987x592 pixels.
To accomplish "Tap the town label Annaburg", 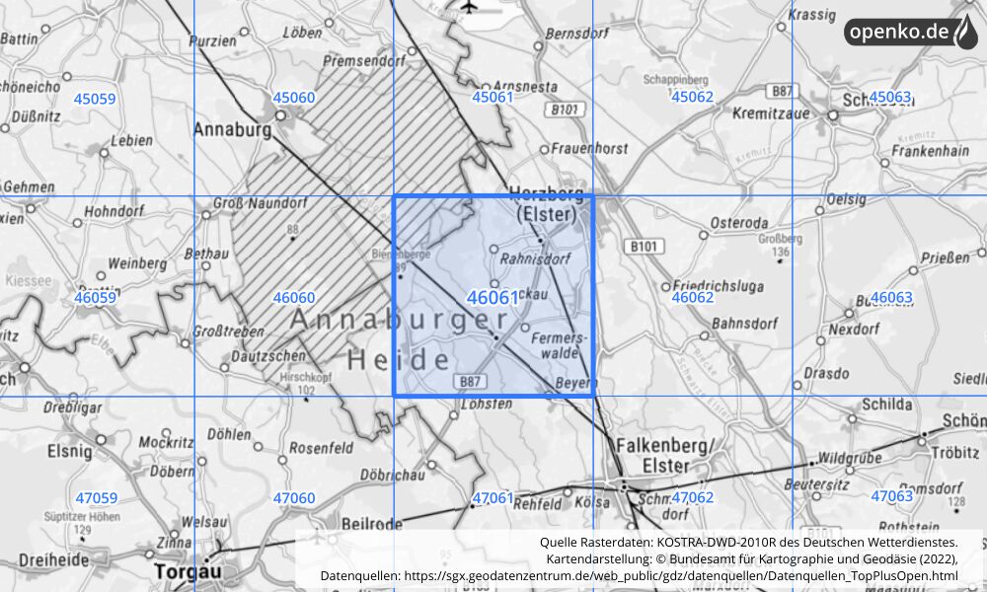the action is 232,129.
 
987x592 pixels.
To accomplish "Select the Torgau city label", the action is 188,571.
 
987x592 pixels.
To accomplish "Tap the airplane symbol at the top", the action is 469,9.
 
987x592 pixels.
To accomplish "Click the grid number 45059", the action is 95,99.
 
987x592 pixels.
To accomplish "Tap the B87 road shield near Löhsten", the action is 470,380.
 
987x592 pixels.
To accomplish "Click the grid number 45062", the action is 692,97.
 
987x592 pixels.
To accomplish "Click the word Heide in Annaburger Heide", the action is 399,360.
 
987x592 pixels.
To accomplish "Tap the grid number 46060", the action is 294,297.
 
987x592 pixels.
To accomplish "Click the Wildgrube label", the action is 841,459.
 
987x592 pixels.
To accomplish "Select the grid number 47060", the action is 294,498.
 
